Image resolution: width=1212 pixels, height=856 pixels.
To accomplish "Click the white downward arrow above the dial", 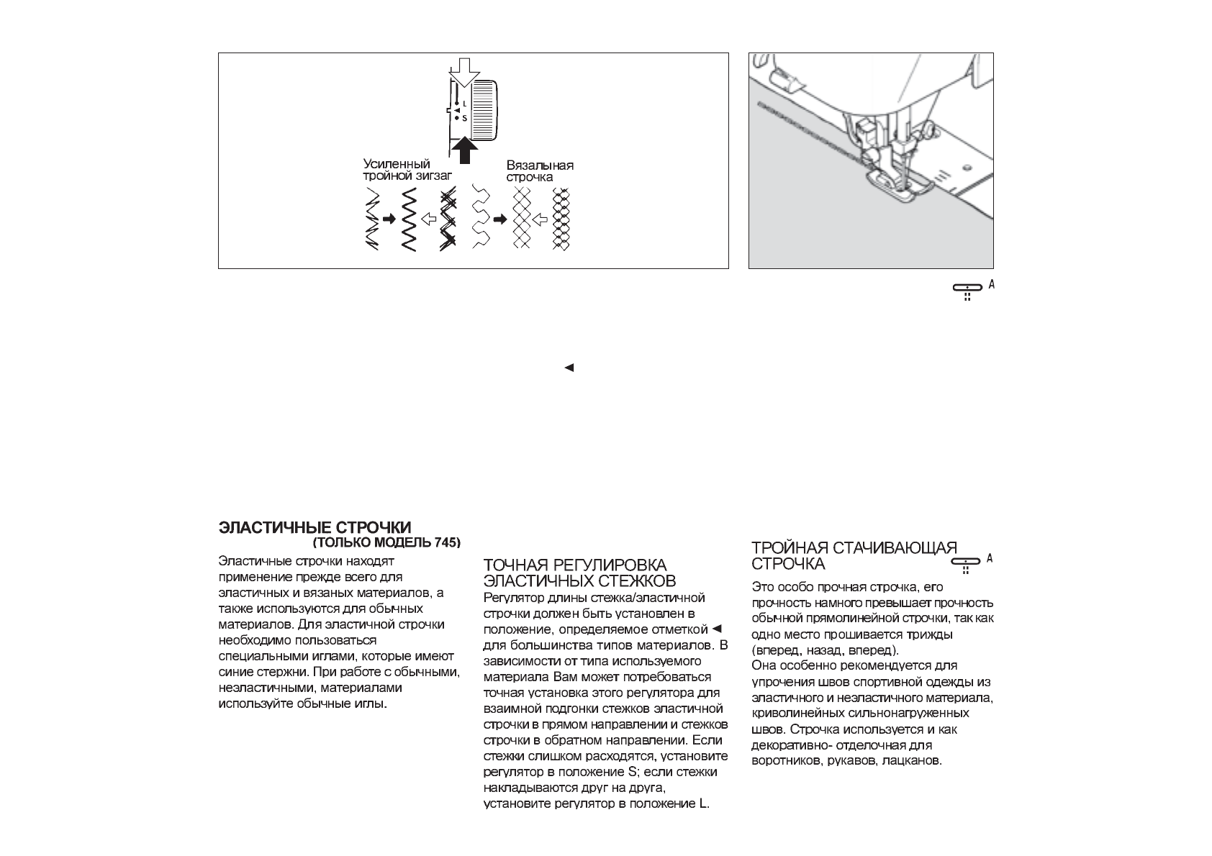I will [463, 73].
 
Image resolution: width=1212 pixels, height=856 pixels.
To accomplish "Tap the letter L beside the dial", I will [464, 104].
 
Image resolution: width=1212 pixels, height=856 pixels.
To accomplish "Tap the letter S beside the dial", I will [464, 118].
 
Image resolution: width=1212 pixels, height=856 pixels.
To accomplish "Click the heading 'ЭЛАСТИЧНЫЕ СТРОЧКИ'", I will [315, 529].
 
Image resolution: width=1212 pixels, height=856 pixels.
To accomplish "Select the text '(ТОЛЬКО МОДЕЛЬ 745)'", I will [387, 542].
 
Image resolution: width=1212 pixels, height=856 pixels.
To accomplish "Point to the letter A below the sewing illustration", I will [991, 284].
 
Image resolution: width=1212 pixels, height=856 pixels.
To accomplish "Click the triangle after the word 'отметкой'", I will [716, 629].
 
